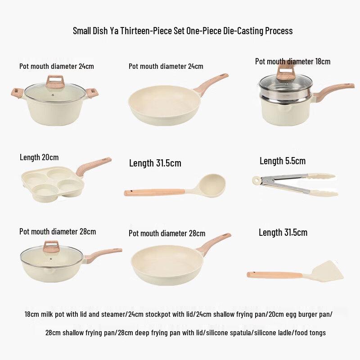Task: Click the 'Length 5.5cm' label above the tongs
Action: click(x=282, y=161)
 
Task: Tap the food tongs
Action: click(x=295, y=184)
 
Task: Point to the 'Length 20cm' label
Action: click(x=39, y=157)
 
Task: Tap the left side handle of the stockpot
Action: click(x=17, y=93)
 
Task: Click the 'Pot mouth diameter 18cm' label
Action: click(x=292, y=61)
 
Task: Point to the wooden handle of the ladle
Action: click(x=153, y=193)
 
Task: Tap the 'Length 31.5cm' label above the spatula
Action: click(x=283, y=233)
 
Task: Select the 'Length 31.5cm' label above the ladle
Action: click(x=155, y=163)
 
